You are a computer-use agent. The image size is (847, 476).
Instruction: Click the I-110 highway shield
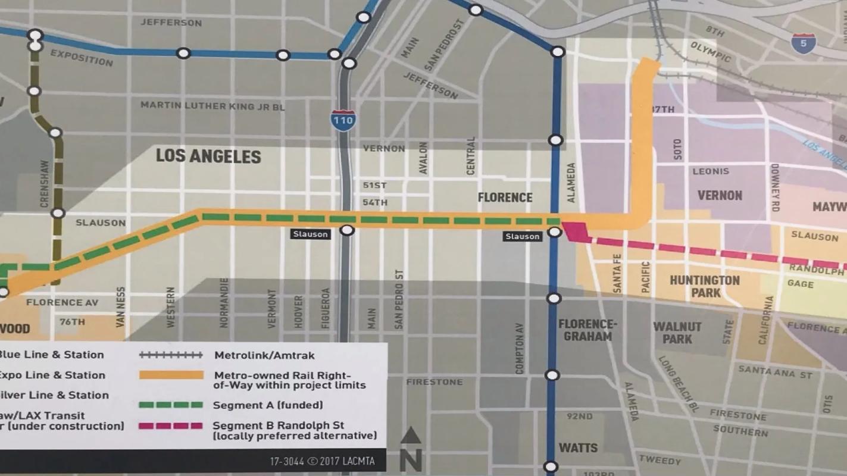point(343,120)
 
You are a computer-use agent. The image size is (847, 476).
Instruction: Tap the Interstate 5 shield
point(803,43)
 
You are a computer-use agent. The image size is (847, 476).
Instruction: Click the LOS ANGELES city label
point(208,156)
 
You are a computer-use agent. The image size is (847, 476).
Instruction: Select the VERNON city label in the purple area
point(720,195)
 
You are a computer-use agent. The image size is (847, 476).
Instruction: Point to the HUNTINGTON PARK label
point(705,286)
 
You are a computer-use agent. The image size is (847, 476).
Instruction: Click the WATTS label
point(578,447)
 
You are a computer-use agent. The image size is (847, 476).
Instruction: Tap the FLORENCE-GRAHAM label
point(585,330)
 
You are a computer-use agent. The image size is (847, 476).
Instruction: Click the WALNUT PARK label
point(677,333)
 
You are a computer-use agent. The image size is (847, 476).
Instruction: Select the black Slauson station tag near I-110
point(310,234)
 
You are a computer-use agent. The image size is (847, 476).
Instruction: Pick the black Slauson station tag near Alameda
point(523,236)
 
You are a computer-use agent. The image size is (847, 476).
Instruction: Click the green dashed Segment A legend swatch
point(171,405)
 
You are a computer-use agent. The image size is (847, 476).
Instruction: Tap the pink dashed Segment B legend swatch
point(171,426)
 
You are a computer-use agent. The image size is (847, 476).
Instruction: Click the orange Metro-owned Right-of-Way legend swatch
point(171,375)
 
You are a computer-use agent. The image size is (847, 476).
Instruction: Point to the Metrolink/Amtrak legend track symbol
point(171,355)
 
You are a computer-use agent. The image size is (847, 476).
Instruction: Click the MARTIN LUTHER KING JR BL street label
point(212,106)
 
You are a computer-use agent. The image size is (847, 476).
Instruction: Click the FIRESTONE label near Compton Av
point(434,381)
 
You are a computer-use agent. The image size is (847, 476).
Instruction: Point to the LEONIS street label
point(711,171)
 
